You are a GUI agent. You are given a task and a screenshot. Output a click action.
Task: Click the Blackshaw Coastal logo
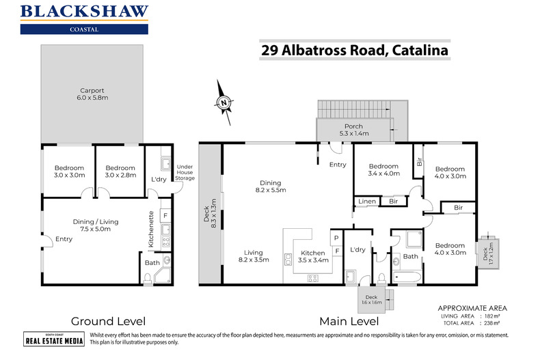coord(84,18)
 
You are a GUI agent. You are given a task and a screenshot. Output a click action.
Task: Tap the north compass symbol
coord(224,102)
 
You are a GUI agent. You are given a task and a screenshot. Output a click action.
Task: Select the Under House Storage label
coord(185,172)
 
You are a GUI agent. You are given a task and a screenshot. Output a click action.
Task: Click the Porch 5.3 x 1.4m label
coord(353,129)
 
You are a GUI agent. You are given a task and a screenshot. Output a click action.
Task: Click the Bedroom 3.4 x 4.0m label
coord(383,170)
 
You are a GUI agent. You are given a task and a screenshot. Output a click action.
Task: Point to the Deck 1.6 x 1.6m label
coord(370,299)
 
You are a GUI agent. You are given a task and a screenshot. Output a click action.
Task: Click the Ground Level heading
coord(109,320)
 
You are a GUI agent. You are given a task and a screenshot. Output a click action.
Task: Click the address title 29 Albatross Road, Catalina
coord(353,50)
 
